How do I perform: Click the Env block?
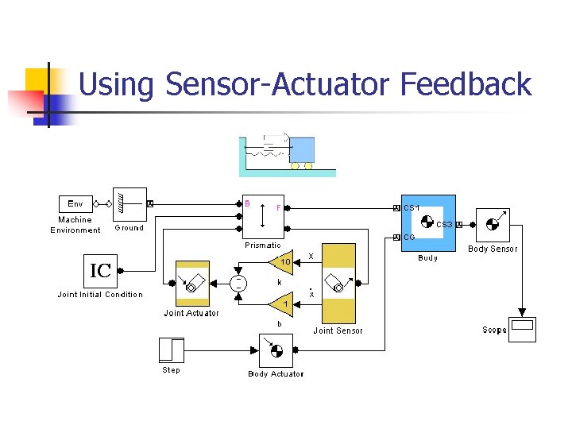click(75, 203)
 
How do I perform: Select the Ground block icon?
click(129, 203)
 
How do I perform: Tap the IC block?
click(100, 271)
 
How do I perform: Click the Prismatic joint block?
click(263, 215)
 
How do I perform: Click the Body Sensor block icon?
click(492, 225)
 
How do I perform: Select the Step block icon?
click(171, 350)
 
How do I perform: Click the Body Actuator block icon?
click(276, 350)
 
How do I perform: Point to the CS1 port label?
click(412, 208)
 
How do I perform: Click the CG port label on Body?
click(409, 237)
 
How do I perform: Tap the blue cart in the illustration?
click(301, 150)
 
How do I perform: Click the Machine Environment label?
click(75, 225)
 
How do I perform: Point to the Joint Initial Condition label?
click(100, 295)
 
